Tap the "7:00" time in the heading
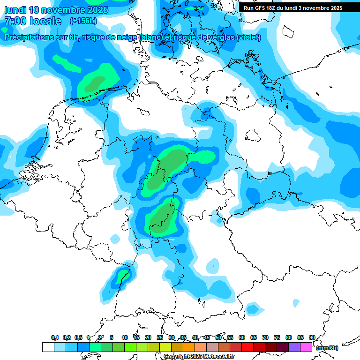coord(16,21)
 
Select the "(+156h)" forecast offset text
coord(83,21)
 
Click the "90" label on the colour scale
coord(312,337)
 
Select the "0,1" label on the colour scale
coord(55,337)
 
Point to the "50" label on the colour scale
coord(218,337)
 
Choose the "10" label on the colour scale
coord(125,337)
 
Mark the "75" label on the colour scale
coord(277,337)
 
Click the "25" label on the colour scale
coord(160,337)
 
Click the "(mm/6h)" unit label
coord(327,348)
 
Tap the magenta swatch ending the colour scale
coord(306,347)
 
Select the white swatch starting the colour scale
coord(48,347)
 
